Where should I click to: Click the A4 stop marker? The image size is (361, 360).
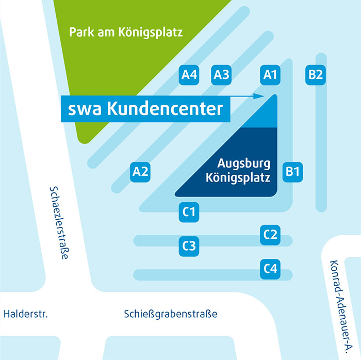(x=189, y=75)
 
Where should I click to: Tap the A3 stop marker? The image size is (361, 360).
(x=221, y=75)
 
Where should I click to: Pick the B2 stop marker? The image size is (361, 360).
(x=315, y=75)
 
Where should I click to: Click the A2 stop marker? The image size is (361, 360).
(x=140, y=171)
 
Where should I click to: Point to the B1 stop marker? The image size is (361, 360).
(x=293, y=171)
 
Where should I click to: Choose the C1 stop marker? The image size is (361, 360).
(x=189, y=211)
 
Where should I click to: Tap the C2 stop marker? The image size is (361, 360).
(x=270, y=235)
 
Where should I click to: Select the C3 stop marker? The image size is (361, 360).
(x=189, y=247)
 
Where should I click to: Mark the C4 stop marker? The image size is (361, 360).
(x=270, y=269)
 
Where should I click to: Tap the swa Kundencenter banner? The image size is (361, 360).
(x=145, y=109)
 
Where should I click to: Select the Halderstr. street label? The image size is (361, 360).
(x=25, y=314)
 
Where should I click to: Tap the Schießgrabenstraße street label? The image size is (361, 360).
(x=171, y=314)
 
